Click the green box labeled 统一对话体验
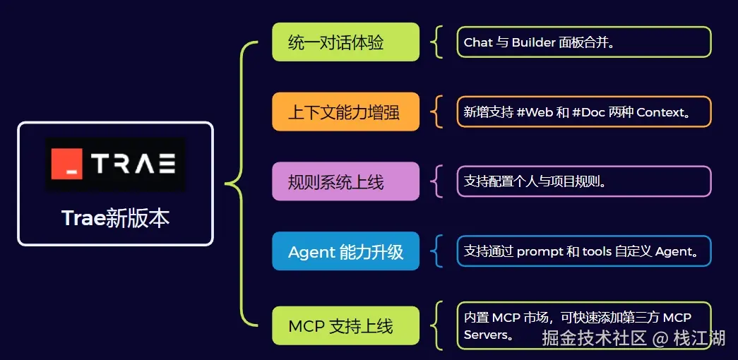(345, 42)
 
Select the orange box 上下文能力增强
(345, 112)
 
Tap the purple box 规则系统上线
(345, 181)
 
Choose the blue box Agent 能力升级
(345, 251)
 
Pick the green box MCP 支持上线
(345, 326)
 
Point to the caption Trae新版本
(115, 218)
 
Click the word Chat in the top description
(478, 42)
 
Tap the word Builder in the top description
(534, 42)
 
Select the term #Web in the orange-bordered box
(535, 112)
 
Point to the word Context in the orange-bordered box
(661, 112)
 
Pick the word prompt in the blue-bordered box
(540, 252)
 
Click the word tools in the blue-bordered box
(597, 252)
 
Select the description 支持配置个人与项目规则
(535, 181)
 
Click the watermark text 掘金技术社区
(594, 339)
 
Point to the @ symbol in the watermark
(660, 339)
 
